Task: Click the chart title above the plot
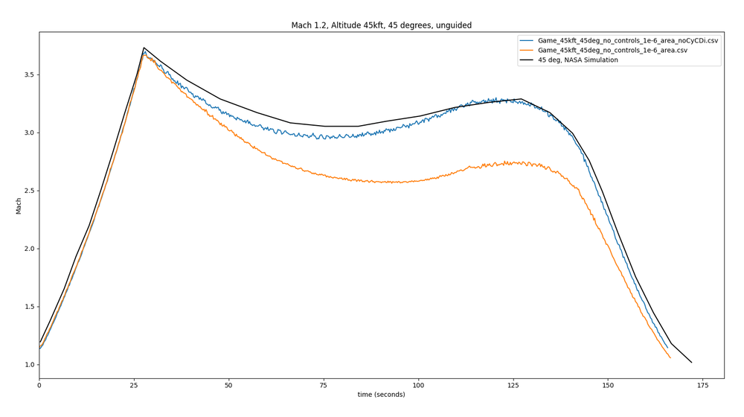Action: point(381,25)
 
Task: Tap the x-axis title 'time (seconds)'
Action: point(381,395)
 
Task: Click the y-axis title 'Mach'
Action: point(19,206)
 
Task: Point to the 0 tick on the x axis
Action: point(39,385)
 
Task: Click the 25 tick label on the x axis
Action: point(134,385)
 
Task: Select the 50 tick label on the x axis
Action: point(228,385)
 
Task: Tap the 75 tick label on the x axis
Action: point(324,385)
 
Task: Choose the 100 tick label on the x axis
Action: point(418,385)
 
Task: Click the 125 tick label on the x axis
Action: point(513,385)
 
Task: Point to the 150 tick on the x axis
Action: point(608,385)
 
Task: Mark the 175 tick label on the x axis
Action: point(702,385)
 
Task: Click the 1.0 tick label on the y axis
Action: point(28,365)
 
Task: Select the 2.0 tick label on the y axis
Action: point(28,249)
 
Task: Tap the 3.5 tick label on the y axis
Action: point(28,75)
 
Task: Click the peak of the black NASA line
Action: point(144,48)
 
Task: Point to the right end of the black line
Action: point(691,363)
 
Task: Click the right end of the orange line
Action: point(670,358)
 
